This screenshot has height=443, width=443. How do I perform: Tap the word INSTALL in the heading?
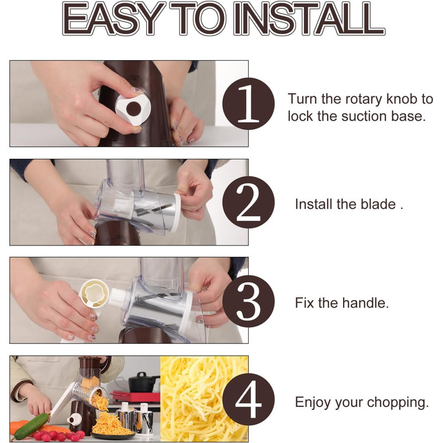point(309,19)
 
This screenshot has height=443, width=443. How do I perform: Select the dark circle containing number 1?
point(248,104)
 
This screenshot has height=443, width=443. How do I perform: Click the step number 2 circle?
point(248,203)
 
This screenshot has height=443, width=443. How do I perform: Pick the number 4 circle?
point(248,399)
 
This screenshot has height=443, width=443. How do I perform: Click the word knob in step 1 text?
point(402,99)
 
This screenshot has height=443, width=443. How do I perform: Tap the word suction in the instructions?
point(365,116)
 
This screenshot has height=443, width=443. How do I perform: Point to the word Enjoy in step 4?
point(313,402)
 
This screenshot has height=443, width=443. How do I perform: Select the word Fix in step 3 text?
point(304,303)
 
